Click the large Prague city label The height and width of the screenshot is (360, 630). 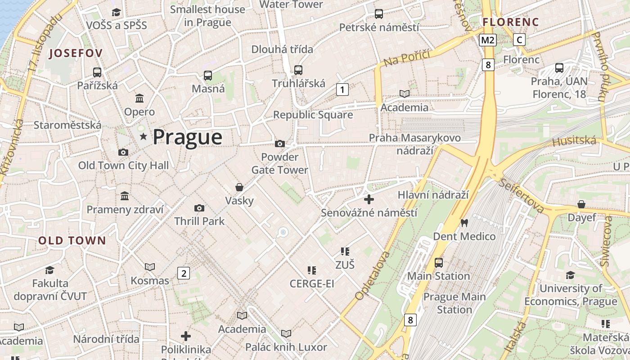tap(188, 137)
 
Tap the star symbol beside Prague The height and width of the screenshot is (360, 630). tap(144, 136)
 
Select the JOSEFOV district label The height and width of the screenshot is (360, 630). tap(76, 53)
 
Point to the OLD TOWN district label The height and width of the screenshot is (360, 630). tap(72, 240)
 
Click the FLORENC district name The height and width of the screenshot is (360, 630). tap(511, 22)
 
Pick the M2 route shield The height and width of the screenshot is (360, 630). tap(487, 40)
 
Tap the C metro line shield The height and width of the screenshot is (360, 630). tap(519, 40)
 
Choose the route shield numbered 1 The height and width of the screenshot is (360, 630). tap(342, 90)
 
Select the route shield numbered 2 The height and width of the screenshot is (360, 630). tap(183, 273)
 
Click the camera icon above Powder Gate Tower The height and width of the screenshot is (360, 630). tap(280, 144)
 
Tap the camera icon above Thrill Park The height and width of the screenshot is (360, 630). tap(199, 208)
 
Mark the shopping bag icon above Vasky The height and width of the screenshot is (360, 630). tap(239, 187)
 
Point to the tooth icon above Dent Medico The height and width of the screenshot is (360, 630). tap(464, 223)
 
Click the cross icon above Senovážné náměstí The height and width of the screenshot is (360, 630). tap(369, 199)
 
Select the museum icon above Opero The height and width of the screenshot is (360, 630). tap(139, 98)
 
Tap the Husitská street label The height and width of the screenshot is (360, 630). tap(574, 141)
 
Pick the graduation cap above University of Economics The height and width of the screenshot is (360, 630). tap(571, 275)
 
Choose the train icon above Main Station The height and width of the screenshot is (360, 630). tap(439, 262)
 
